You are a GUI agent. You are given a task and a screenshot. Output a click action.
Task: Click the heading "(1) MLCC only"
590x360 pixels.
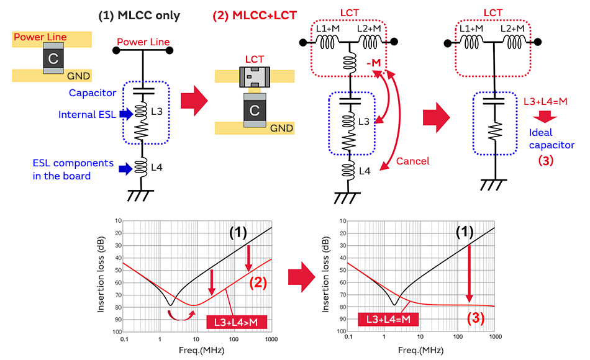(x=139, y=16)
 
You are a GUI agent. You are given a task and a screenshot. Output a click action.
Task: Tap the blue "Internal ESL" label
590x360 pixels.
(x=87, y=115)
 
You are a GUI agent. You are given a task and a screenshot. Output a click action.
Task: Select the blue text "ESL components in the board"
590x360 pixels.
(x=73, y=169)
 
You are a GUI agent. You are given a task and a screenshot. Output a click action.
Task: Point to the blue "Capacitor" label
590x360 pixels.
(x=92, y=93)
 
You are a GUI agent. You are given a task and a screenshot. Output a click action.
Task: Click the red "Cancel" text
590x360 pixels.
(x=412, y=161)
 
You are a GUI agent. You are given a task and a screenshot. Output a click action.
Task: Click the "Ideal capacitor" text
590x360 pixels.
(x=551, y=140)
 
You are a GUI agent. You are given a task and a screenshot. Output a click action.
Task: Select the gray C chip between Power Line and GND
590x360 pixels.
(x=53, y=59)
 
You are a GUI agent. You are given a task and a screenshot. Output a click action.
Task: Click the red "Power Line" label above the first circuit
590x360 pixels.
(x=143, y=42)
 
